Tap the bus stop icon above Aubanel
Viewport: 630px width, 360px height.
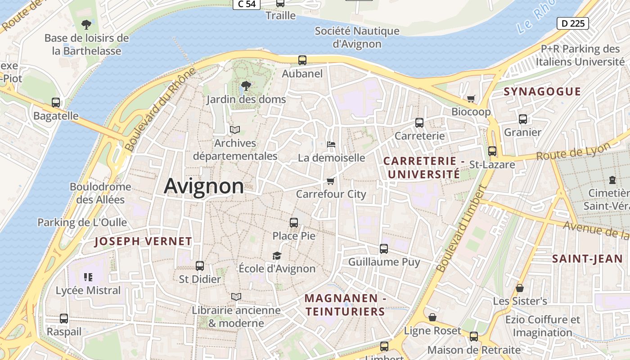[302, 60]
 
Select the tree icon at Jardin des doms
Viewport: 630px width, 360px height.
[246, 85]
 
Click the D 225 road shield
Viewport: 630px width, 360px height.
[572, 23]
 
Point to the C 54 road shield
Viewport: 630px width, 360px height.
[247, 4]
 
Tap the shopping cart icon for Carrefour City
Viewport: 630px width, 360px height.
[331, 181]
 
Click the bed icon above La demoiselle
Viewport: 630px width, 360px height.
[331, 144]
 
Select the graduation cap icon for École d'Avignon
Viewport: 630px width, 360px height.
[277, 256]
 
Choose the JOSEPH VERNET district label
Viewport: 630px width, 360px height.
[143, 241]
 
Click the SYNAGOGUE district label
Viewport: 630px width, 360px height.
[542, 92]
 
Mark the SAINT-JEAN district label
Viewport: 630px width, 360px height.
[581, 259]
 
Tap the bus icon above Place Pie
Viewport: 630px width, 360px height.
[294, 222]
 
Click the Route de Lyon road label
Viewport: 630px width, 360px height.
[573, 151]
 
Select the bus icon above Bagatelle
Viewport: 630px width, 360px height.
[56, 103]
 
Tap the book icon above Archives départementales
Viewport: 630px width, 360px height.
[234, 130]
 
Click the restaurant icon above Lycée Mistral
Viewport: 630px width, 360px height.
[88, 277]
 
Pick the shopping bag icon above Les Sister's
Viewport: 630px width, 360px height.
[520, 288]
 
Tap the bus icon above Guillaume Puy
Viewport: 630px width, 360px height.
[384, 248]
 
